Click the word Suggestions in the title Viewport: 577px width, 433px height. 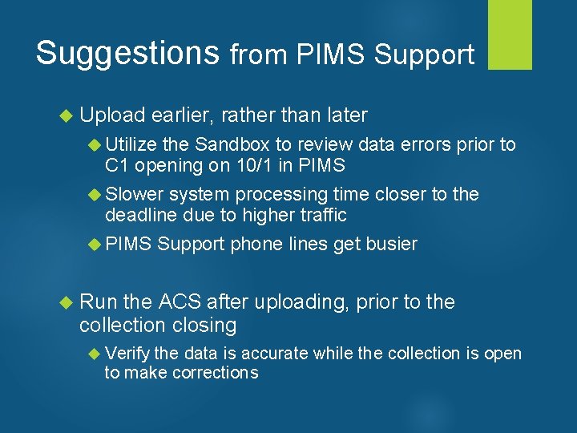[x=127, y=54]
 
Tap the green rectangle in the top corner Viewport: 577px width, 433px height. [x=510, y=34]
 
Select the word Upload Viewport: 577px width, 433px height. [x=111, y=115]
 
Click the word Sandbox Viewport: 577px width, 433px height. [x=232, y=144]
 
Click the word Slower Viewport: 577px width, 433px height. [x=134, y=194]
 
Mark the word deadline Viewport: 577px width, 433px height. [x=142, y=215]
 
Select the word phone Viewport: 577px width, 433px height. [x=256, y=244]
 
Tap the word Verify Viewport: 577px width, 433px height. [x=127, y=354]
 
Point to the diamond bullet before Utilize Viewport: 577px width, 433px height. [x=93, y=144]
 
